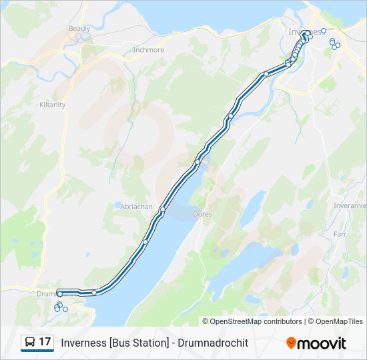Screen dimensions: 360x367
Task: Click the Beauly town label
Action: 79,29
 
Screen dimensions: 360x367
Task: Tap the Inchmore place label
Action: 148,50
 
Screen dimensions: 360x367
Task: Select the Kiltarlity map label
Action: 52,105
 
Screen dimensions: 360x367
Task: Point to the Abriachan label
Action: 137,207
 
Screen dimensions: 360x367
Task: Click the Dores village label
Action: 202,214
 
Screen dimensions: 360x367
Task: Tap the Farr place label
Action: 340,235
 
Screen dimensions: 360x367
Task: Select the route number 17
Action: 45,342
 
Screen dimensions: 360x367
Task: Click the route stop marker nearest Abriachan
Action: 162,210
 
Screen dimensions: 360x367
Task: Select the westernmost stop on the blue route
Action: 60,293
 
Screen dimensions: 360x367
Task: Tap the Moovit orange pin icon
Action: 291,343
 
